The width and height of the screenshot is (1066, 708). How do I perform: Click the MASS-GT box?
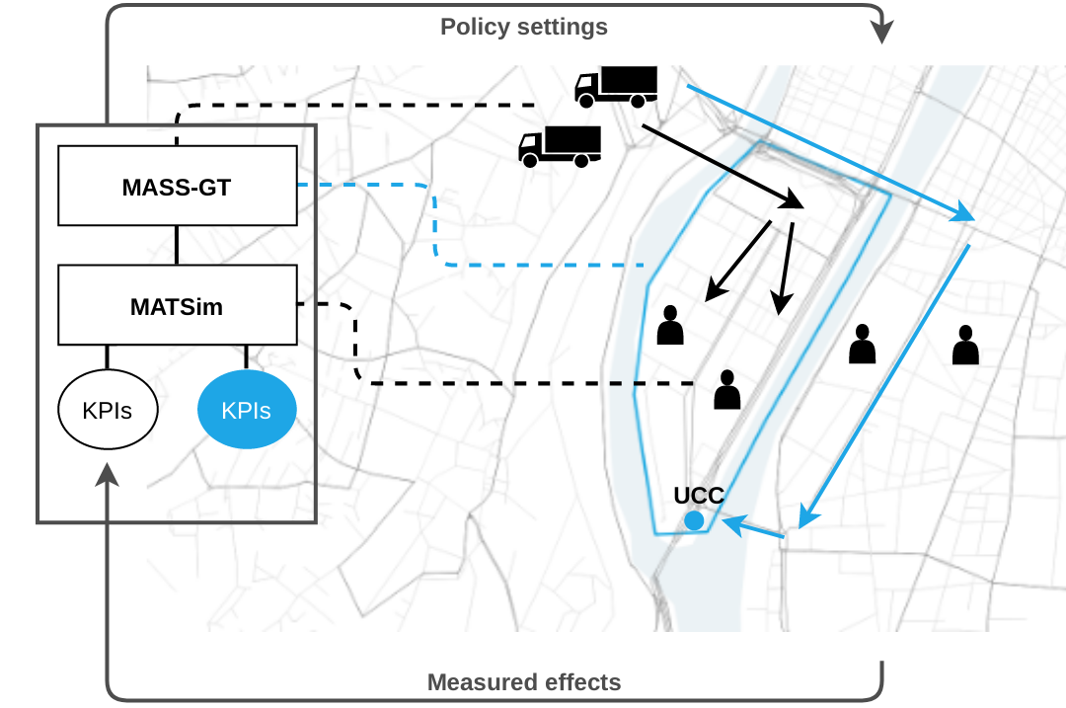177,186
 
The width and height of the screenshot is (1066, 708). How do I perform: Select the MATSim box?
177,305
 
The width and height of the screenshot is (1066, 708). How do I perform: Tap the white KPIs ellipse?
109,410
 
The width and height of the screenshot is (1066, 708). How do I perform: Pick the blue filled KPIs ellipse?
247,410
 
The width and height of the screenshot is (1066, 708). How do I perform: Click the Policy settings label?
524,27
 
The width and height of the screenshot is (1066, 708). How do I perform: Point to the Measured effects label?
524,682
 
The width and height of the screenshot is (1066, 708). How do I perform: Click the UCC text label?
699,496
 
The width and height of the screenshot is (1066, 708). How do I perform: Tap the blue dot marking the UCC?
694,520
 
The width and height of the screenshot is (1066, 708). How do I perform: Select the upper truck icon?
616,86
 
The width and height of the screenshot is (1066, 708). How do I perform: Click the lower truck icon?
560,145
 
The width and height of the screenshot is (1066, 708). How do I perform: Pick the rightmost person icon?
965,346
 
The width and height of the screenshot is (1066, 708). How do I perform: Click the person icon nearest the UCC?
727,390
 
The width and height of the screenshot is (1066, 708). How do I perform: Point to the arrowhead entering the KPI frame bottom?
108,476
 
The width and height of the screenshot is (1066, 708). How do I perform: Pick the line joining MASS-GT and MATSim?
177,245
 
